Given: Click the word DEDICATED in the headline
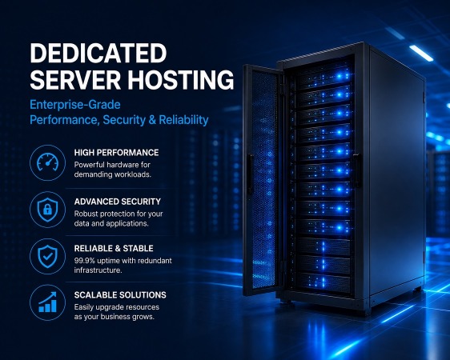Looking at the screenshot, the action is pos(98,53).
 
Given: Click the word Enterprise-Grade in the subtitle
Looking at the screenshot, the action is pos(75,105).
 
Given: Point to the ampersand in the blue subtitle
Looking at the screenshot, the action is pos(152,120).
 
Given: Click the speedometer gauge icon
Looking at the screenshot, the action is pos(47,163).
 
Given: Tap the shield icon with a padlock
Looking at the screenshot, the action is pos(47,210).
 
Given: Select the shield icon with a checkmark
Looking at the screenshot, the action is pos(47,257).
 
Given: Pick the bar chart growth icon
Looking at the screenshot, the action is pos(47,302).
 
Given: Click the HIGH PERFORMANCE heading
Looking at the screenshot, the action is pos(116,153).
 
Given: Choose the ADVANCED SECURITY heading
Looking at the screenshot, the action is pos(118,202).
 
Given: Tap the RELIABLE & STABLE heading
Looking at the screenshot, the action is pos(114,248).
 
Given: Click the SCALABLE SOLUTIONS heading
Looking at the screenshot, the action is pos(120,295).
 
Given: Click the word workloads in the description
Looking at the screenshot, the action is pos(133,174).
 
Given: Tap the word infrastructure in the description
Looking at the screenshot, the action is pos(98,270).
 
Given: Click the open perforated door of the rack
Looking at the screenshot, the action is pos(263,181).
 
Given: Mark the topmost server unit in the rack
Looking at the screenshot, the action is pos(323,76).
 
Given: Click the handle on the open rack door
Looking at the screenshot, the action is pos(250,174).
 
